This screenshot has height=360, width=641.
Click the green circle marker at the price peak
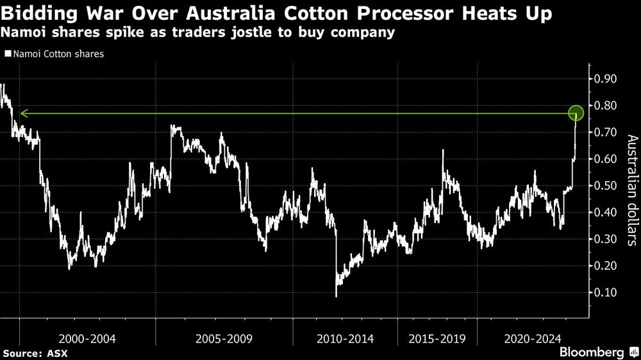tap(576, 113)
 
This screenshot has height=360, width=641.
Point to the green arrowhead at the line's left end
tap(22, 113)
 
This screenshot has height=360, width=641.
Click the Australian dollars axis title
tap(630, 191)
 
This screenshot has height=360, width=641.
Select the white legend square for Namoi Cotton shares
tap(7, 54)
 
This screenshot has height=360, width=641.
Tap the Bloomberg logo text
tap(592, 352)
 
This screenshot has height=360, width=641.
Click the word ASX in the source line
tap(56, 353)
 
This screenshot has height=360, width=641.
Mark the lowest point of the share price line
tap(336, 296)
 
